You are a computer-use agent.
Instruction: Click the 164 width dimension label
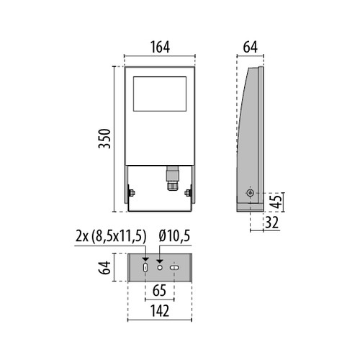(160, 48)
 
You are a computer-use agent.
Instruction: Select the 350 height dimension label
(104, 139)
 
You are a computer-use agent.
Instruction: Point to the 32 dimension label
(271, 222)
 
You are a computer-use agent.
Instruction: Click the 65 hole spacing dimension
(159, 290)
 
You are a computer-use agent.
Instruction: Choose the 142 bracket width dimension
(160, 311)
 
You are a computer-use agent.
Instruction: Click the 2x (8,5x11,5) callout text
(111, 236)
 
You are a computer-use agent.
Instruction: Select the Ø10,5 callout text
(174, 235)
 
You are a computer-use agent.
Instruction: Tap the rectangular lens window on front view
(160, 94)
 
